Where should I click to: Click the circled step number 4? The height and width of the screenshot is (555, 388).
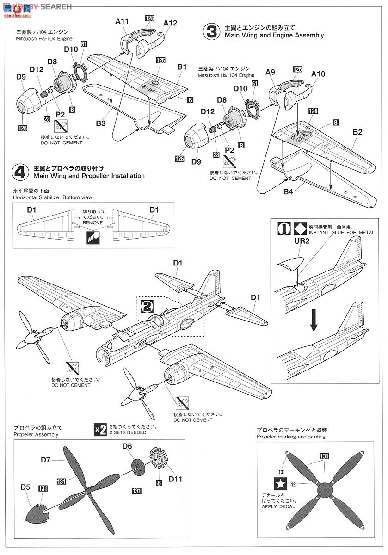[20, 172]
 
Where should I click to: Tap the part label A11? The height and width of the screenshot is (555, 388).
[122, 21]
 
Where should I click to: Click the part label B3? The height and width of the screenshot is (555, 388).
[101, 123]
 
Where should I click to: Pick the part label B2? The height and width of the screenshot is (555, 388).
[357, 132]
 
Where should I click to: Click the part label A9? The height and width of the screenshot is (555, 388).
[271, 72]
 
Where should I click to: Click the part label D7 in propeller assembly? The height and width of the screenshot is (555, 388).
[45, 460]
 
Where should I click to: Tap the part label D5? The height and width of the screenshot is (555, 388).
[25, 487]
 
